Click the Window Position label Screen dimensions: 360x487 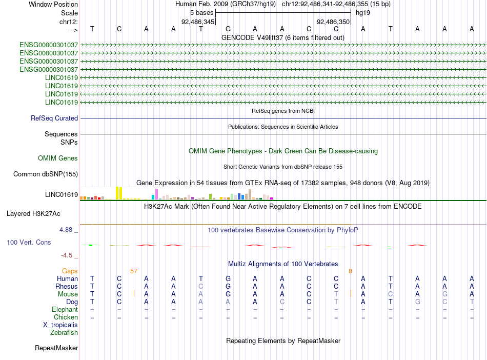pos(53,4)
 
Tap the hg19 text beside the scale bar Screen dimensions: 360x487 pos(363,12)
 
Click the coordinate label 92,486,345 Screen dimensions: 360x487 pos(198,22)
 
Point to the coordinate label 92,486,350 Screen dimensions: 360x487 pos(333,22)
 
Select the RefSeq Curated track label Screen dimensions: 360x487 pos(54,118)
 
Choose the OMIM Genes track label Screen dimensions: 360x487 pos(58,158)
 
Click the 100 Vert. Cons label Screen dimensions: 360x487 pos(29,242)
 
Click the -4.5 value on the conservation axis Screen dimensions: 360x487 pos(67,255)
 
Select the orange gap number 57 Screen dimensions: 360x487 pos(134,271)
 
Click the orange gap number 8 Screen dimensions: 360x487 pos(350,271)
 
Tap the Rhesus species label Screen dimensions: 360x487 pos(67,286)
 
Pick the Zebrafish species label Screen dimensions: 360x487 pos(64,333)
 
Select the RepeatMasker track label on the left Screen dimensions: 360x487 pos(56,348)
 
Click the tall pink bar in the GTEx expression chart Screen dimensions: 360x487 pos(156,194)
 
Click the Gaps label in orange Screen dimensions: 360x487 pos(70,271)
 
